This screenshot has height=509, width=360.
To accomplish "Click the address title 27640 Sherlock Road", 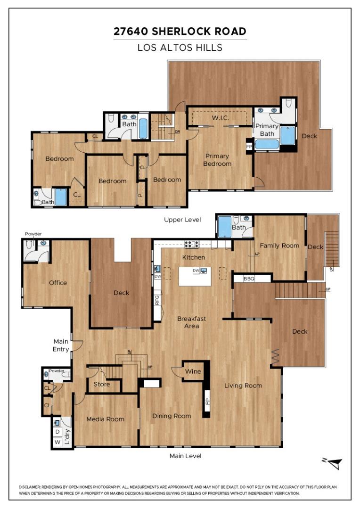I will [x=180, y=32].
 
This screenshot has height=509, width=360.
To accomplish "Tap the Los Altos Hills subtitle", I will [x=180, y=48].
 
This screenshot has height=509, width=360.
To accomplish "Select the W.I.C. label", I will [x=220, y=117].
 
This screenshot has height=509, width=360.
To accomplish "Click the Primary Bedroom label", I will [x=217, y=160].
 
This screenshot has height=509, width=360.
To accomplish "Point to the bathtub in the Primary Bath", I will [x=267, y=144].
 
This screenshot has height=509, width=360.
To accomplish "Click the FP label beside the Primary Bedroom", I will [x=249, y=147].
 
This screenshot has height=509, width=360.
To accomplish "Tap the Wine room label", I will [x=193, y=371].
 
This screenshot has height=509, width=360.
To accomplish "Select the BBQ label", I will [x=249, y=279].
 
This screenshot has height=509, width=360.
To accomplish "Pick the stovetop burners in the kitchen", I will [x=191, y=244].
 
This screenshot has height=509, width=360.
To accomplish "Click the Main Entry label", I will [x=61, y=345].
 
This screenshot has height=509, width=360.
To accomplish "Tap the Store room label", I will [x=101, y=384].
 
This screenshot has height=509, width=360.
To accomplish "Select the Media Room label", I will [x=106, y=419].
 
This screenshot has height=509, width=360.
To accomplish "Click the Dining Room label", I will [x=172, y=416].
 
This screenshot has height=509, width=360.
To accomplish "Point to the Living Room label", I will [x=243, y=386].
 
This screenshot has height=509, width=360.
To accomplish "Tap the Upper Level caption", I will [x=182, y=220].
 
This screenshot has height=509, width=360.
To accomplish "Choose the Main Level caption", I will [x=185, y=456].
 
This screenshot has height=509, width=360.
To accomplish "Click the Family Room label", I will [x=279, y=245].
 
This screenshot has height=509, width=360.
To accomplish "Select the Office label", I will [x=58, y=283].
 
